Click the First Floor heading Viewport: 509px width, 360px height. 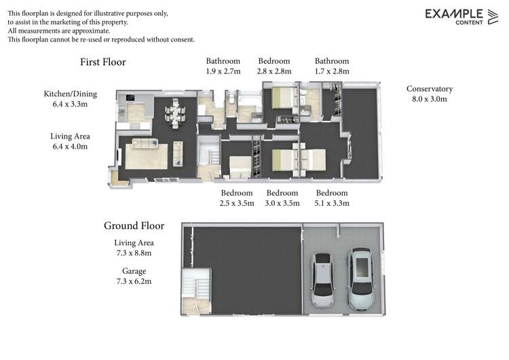point(103,62)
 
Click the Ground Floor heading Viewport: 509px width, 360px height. point(134,226)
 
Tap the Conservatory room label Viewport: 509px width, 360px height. point(430,89)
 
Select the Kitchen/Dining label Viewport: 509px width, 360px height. point(71,94)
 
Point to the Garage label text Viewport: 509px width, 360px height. point(134,271)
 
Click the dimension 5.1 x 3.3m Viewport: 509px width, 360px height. point(332,203)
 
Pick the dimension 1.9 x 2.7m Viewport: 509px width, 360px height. point(223,71)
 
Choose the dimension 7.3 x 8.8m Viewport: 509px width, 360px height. point(134,253)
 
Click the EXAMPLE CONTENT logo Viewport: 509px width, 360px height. point(461,16)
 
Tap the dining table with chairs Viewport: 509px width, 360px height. point(175,113)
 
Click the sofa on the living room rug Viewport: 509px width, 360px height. point(145,143)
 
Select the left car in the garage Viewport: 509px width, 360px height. point(322,280)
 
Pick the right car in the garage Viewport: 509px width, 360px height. point(361,278)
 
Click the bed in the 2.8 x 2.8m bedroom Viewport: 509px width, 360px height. point(284,98)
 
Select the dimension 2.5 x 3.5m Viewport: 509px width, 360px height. point(237,203)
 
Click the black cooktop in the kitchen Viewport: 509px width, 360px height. point(130,98)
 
